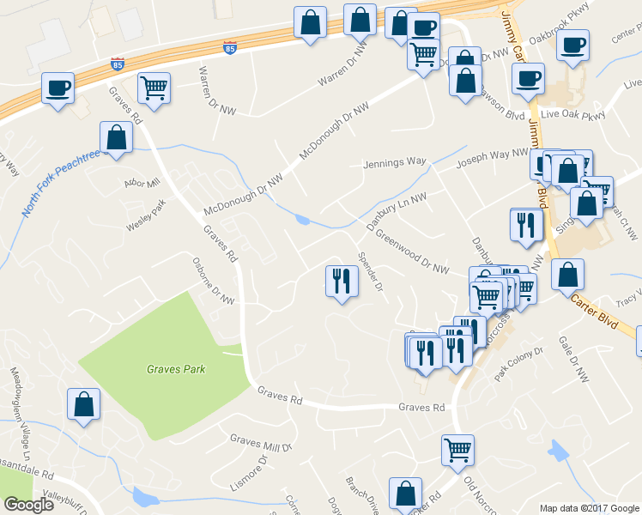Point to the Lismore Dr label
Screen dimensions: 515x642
tap(250, 474)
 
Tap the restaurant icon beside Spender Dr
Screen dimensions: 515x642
tap(342, 280)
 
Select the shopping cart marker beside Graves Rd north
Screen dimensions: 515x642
tap(154, 87)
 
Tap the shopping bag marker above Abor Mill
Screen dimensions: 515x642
tap(116, 137)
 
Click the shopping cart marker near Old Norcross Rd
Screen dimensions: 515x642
tap(457, 449)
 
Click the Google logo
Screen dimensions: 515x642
tap(28, 505)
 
